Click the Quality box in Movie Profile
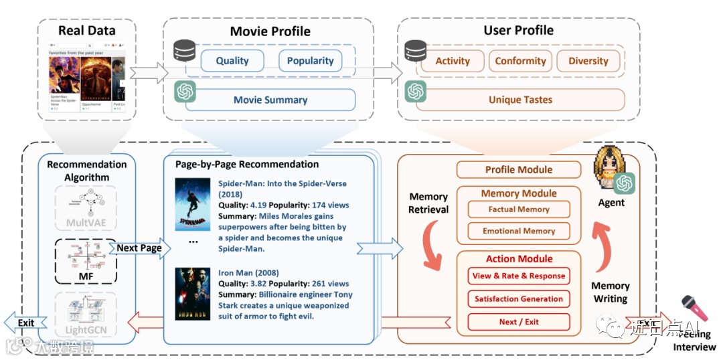(x=232, y=61)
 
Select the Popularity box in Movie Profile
(x=310, y=61)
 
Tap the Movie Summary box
(x=270, y=100)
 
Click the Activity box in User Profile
(x=453, y=61)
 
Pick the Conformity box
(x=520, y=61)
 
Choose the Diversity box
(x=588, y=61)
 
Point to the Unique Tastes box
(x=520, y=100)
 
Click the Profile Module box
(x=519, y=170)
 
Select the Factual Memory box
(x=519, y=209)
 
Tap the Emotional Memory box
(x=519, y=231)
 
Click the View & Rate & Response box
(x=519, y=276)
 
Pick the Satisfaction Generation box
(x=519, y=298)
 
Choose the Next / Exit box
(x=519, y=321)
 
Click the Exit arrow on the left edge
(x=20, y=323)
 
